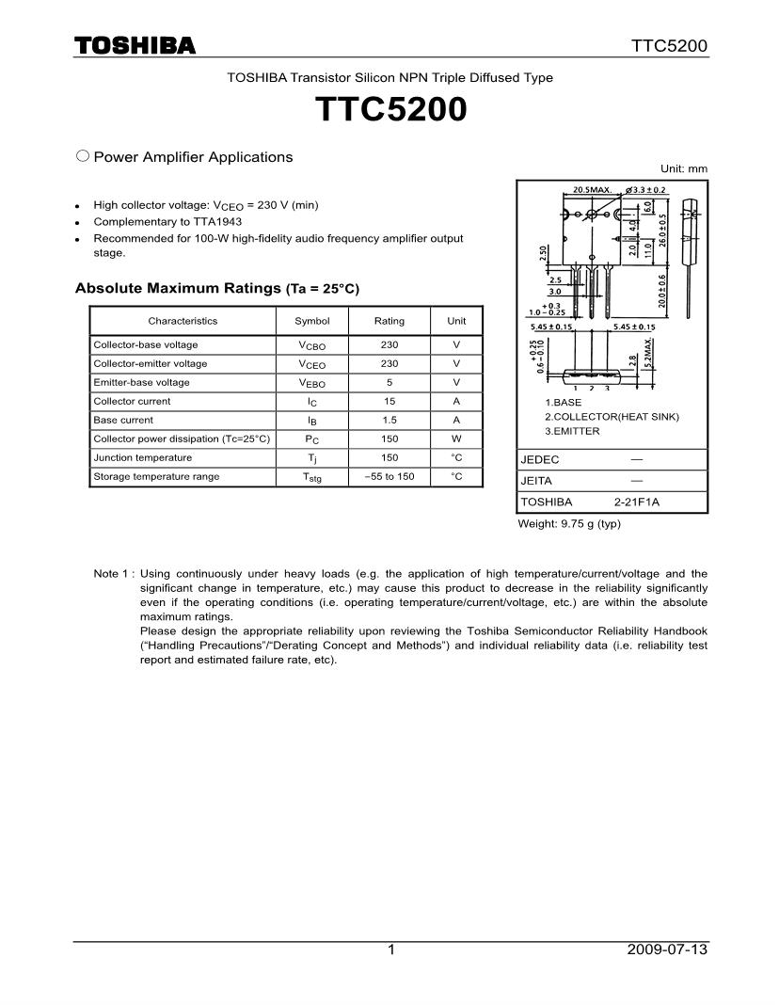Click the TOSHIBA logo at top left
coord(135,45)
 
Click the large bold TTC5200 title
coord(391,110)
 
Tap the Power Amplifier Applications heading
coord(193,157)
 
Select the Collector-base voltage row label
coord(146,344)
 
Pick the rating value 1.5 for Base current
coord(389,420)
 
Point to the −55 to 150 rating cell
coord(389,476)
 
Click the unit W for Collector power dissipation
coord(456,439)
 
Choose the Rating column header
coord(389,321)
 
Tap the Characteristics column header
coord(183,321)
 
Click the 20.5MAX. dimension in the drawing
coord(593,189)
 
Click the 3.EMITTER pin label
coord(572,431)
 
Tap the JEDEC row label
coord(540,460)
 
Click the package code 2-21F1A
coord(637,502)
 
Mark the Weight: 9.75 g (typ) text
coord(569,524)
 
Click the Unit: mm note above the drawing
coord(684,168)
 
